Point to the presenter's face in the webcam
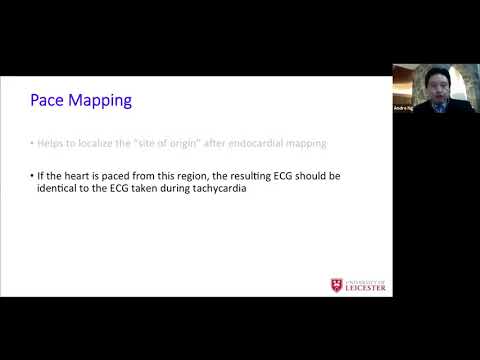pos(435,81)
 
